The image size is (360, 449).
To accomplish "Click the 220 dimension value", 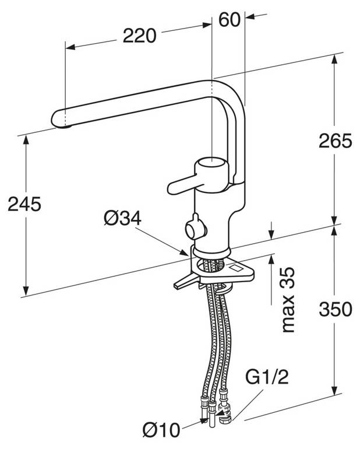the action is [139, 36].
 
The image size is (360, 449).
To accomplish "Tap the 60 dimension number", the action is [229, 20].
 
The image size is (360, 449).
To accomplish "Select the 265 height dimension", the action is [335, 141].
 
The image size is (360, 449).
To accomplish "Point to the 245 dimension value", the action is [24, 204].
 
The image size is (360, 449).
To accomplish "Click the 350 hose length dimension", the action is [335, 309].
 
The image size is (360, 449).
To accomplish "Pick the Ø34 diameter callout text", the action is [122, 218].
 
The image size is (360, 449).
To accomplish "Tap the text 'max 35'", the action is [288, 300].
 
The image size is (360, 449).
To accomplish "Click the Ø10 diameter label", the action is [162, 430].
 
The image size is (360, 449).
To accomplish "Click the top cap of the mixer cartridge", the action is [211, 162].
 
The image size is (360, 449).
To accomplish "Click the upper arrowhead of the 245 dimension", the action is [26, 140].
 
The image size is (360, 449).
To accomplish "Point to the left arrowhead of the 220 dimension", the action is [70, 47].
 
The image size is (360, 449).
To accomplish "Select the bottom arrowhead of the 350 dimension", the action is [334, 390].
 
